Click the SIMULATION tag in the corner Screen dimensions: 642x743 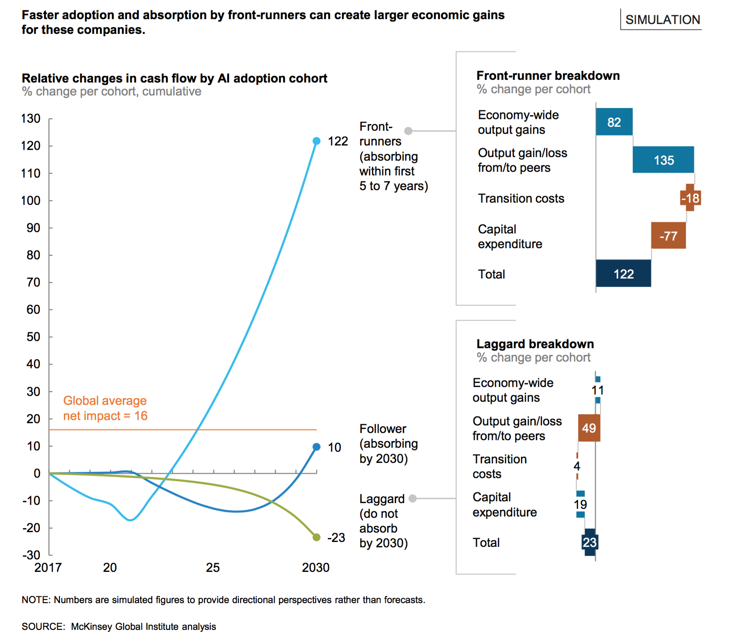(x=662, y=20)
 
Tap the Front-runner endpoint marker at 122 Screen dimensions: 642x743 (x=317, y=141)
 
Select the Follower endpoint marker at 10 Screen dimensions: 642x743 (x=317, y=447)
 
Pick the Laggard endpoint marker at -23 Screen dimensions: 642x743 (x=317, y=537)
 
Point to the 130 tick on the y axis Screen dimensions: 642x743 (x=31, y=119)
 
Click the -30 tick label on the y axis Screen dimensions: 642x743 (x=31, y=555)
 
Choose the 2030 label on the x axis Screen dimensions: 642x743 (x=316, y=567)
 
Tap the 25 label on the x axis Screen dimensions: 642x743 (x=213, y=567)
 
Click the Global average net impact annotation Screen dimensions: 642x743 (x=105, y=408)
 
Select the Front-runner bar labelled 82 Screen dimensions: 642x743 (x=614, y=122)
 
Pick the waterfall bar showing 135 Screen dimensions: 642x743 (x=663, y=160)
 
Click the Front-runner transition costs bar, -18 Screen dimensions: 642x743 (x=690, y=198)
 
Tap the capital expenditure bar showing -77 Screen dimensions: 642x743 (x=668, y=236)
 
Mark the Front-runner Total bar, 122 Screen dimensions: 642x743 (x=623, y=274)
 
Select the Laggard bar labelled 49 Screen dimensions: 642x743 (x=589, y=428)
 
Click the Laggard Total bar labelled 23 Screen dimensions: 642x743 (x=589, y=542)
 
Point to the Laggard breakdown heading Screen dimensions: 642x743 (x=535, y=344)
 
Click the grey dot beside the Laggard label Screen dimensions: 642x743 (x=413, y=498)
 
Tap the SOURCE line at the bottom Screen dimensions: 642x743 (x=119, y=626)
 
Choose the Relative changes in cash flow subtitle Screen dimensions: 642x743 (x=175, y=78)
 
